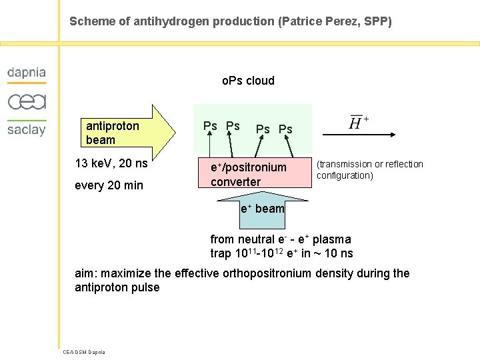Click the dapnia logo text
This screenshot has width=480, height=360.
click(x=27, y=73)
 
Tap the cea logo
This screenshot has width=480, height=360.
click(x=27, y=102)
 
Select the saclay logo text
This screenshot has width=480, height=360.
click(x=27, y=129)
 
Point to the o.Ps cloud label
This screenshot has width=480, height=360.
click(x=248, y=81)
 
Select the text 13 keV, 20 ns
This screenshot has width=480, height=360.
click(x=111, y=163)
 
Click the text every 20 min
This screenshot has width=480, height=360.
click(x=109, y=185)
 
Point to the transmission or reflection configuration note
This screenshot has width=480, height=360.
click(x=369, y=170)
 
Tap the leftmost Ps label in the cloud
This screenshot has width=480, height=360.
click(x=210, y=126)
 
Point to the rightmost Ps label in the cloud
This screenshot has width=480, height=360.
click(x=285, y=129)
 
